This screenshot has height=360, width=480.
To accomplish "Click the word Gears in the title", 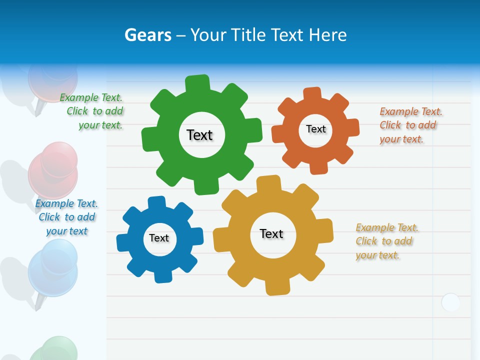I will [x=147, y=35].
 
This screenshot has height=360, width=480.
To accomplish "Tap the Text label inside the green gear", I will [x=199, y=135].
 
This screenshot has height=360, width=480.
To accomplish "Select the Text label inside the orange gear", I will [x=315, y=129].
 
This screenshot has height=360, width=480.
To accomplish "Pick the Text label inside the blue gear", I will [x=159, y=238].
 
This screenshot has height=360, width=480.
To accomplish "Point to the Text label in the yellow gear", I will [x=271, y=233].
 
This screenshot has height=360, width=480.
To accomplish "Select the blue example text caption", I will [x=66, y=217].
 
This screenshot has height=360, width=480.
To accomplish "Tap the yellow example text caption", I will [x=386, y=241].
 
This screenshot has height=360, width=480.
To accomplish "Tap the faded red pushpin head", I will [x=52, y=167].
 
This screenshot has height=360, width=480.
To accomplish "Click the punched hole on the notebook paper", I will [x=450, y=302].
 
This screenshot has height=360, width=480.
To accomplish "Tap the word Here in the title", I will [x=328, y=35].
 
